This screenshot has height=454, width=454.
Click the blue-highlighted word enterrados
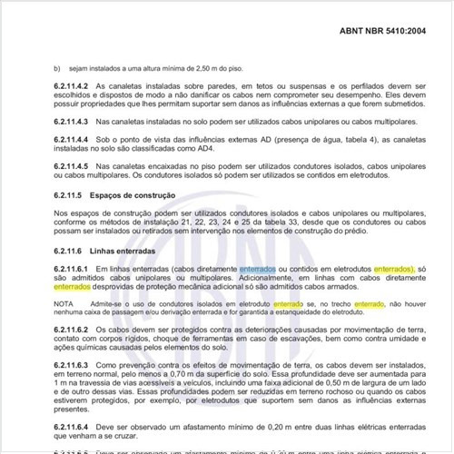260,270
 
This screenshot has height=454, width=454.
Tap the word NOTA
63,302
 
